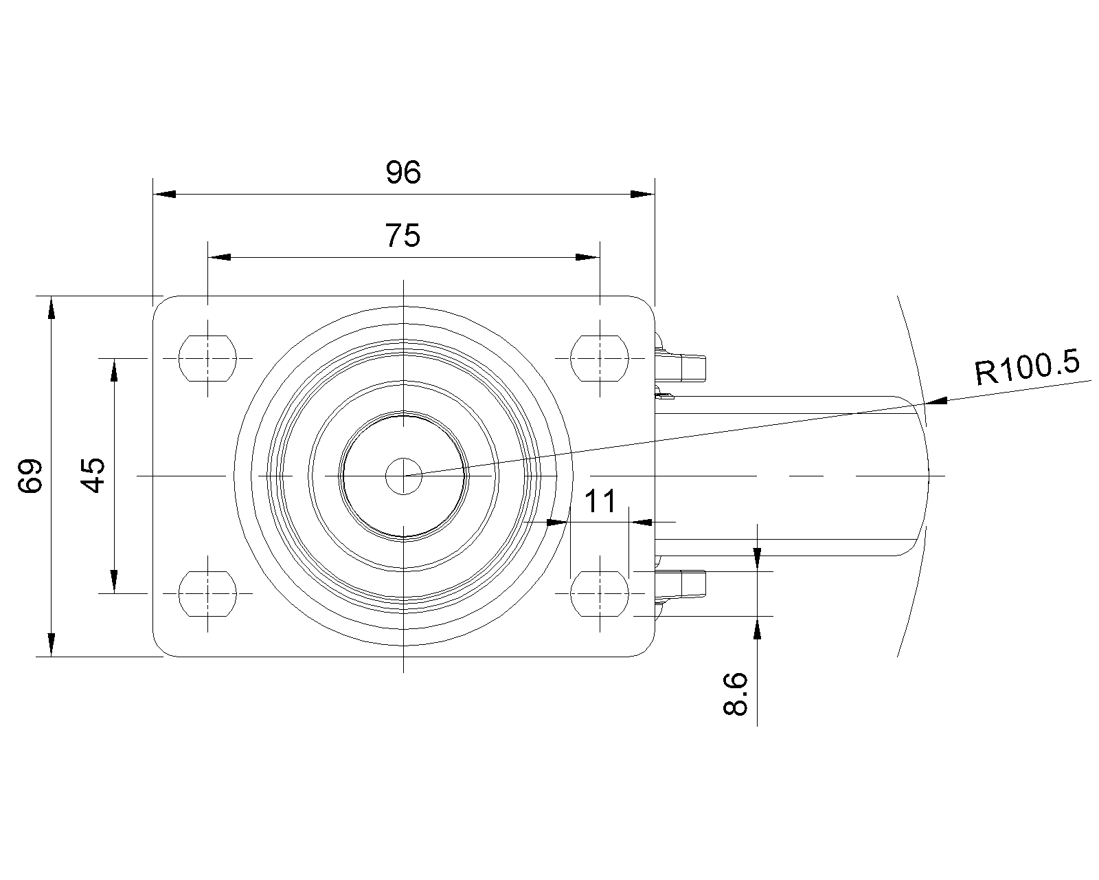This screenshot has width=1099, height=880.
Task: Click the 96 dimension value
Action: point(403,173)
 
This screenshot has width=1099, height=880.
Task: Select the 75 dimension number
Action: point(403,236)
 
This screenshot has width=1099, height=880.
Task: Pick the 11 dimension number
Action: point(600,502)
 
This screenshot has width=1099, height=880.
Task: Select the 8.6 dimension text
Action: point(736,694)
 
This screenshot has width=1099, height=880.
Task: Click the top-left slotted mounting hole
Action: point(207,358)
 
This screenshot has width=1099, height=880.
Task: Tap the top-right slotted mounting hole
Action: point(600,358)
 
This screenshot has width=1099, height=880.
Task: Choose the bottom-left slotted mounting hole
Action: point(207,592)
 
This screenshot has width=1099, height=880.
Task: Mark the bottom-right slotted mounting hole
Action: point(600,592)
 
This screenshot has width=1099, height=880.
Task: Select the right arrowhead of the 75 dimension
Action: point(587,257)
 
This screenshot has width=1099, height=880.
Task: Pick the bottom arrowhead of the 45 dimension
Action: point(114,580)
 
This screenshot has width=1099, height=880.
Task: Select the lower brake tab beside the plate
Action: point(684,584)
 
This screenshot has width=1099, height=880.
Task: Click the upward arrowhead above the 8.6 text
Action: point(757,627)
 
